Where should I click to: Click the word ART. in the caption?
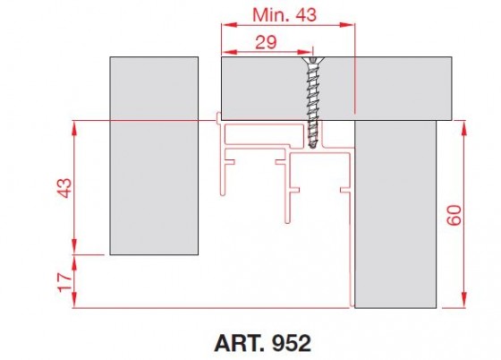239,343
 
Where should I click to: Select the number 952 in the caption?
292,343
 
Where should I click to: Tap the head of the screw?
313,63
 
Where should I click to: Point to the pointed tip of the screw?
313,146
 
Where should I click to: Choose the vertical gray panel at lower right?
395,215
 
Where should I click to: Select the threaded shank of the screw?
313,103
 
